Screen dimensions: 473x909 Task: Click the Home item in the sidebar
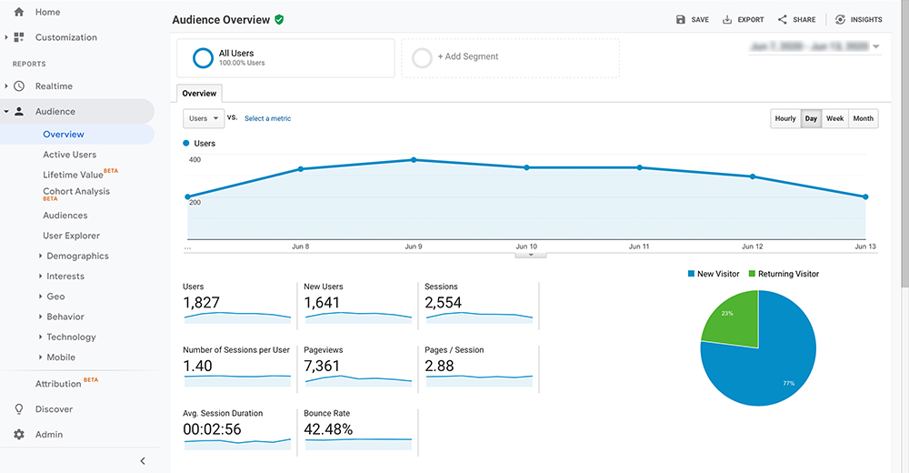(x=47, y=12)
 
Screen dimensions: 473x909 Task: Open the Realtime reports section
(x=54, y=86)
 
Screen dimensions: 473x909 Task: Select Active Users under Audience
(x=69, y=155)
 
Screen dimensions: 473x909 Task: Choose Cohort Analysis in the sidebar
(x=75, y=192)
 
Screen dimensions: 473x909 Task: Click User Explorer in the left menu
(x=71, y=236)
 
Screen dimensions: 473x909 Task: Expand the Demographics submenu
(x=77, y=257)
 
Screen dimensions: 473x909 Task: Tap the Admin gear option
(x=48, y=435)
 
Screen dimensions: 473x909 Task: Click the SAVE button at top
(x=693, y=19)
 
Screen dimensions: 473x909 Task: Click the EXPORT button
(x=743, y=19)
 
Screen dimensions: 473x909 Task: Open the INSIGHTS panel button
(x=858, y=19)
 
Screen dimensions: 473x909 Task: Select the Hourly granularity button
(x=785, y=118)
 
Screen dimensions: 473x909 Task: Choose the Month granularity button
(x=863, y=118)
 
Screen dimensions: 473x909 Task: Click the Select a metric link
(x=267, y=118)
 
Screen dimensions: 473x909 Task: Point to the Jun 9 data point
(x=414, y=160)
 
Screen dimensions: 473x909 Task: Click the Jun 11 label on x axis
(x=639, y=247)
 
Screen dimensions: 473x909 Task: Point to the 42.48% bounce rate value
(x=329, y=429)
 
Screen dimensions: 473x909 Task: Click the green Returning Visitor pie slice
(x=731, y=319)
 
